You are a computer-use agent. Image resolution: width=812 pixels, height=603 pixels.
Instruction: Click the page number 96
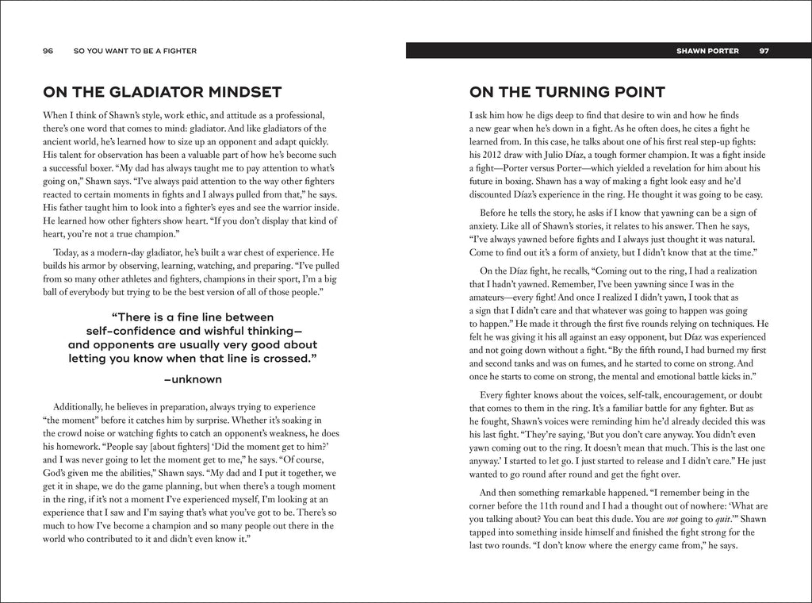pos(48,51)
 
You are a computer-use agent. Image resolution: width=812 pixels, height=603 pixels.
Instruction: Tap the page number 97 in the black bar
pos(764,51)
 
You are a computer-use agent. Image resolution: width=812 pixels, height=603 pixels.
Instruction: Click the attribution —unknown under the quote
pos(193,379)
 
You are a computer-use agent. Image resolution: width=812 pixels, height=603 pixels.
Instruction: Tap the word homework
pos(82,447)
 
